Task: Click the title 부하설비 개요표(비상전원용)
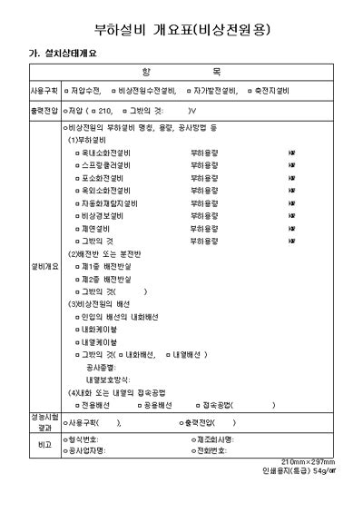point(182,29)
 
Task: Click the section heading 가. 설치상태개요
point(62,53)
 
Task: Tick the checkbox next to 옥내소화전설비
point(78,153)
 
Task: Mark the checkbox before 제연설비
point(78,230)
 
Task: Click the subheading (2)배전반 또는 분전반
point(109,255)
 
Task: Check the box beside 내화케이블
point(78,330)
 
